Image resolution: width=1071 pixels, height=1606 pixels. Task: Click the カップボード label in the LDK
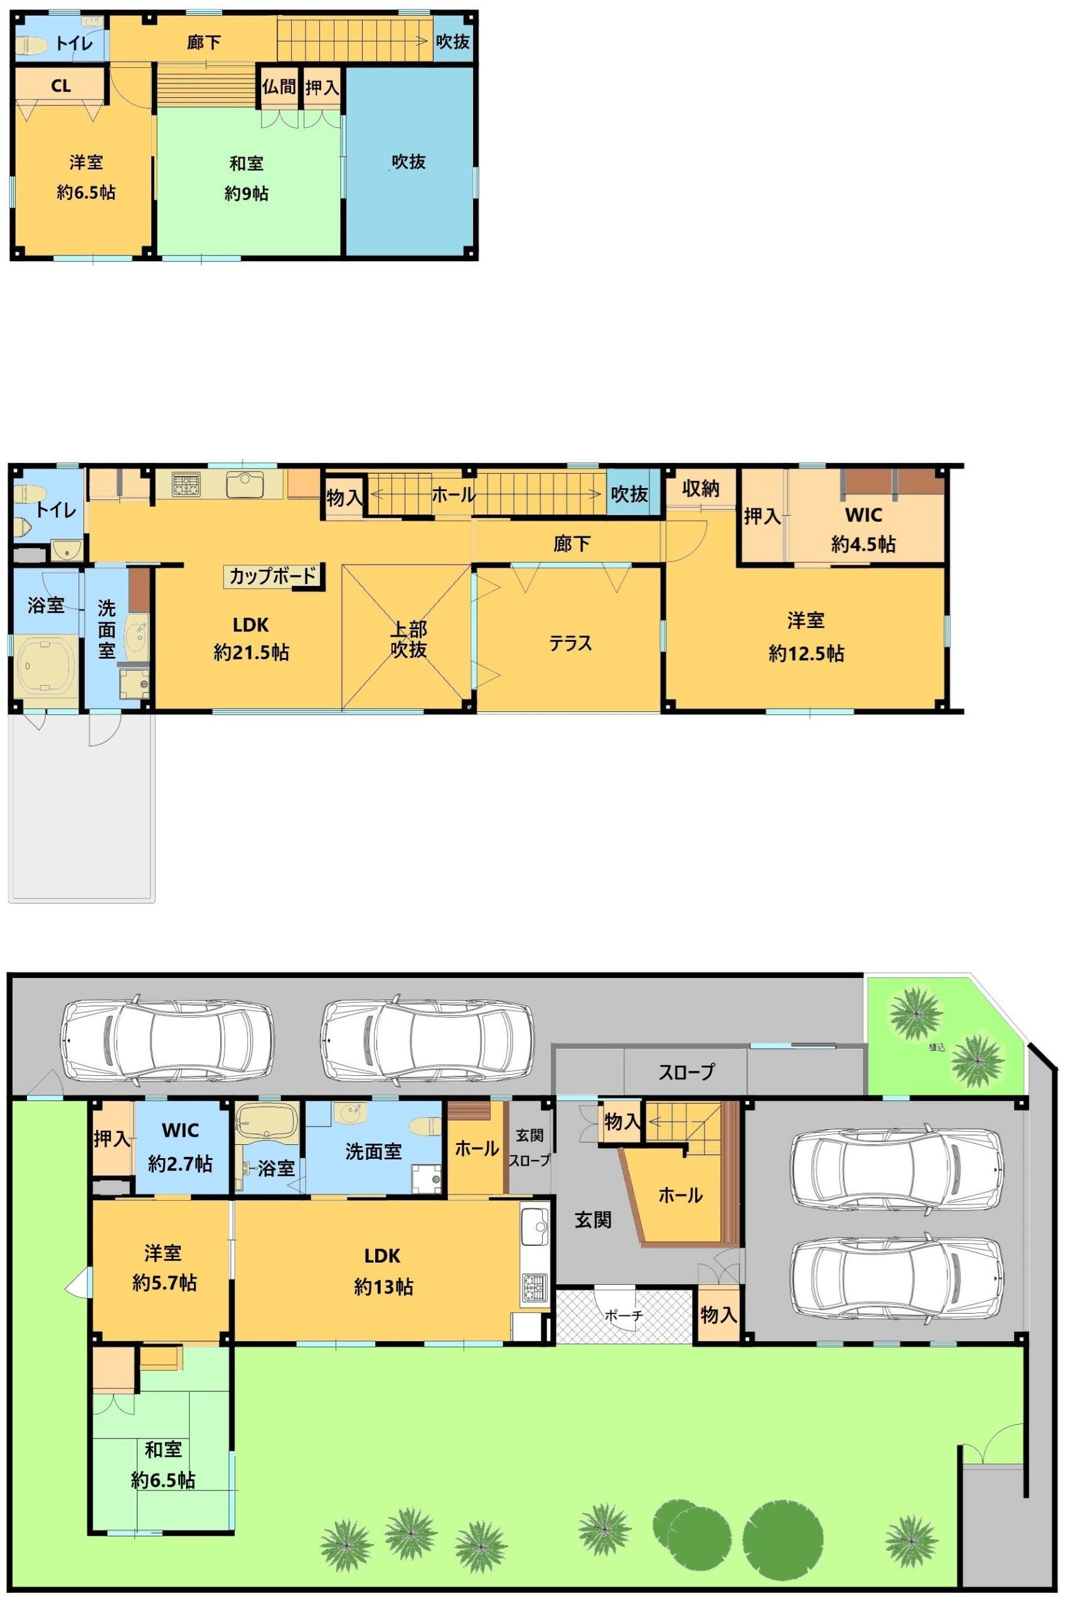click(x=273, y=577)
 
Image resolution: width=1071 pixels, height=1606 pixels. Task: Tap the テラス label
click(x=570, y=643)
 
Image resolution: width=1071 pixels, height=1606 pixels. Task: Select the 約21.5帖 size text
click(x=252, y=653)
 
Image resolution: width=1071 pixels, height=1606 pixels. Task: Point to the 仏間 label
click(x=279, y=87)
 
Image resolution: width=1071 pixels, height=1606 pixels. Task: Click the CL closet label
click(x=61, y=86)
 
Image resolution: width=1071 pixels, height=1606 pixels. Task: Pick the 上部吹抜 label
click(x=408, y=639)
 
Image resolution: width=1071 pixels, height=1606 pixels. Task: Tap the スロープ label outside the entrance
click(x=686, y=1072)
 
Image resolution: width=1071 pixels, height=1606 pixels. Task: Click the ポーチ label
click(x=624, y=1314)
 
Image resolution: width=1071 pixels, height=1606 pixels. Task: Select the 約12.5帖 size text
click(x=806, y=654)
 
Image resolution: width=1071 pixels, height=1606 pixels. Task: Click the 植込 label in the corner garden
click(x=937, y=1047)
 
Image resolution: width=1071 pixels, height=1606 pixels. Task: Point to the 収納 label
click(x=701, y=488)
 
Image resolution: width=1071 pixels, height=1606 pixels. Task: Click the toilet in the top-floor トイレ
click(x=29, y=45)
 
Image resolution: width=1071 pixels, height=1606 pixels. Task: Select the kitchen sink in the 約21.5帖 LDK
click(x=245, y=484)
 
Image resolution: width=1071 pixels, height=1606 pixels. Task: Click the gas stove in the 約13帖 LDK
click(x=535, y=1287)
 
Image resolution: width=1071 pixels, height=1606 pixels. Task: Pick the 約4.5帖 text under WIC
click(x=863, y=544)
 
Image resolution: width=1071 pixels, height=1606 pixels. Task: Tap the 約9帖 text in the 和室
click(x=247, y=193)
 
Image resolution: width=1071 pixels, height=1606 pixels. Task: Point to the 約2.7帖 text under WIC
click(x=180, y=1164)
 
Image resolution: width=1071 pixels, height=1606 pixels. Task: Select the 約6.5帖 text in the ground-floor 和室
click(x=163, y=1480)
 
